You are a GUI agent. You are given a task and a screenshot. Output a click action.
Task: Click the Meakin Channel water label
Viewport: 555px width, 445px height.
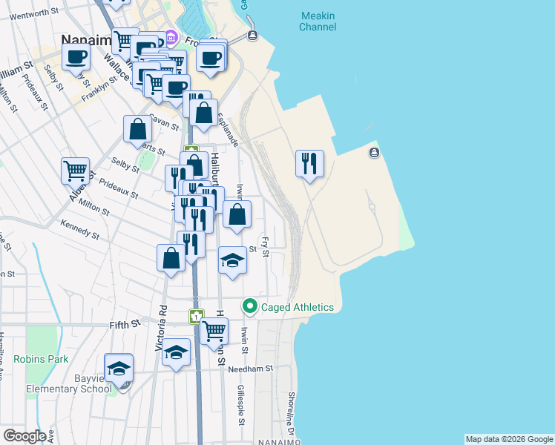[x=317, y=21]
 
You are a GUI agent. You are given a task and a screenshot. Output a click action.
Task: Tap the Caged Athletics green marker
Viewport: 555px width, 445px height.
[x=250, y=306]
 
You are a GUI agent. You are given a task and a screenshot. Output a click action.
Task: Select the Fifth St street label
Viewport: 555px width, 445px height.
[x=125, y=324]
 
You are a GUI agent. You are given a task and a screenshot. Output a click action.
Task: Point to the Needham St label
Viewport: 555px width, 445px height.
[x=252, y=368]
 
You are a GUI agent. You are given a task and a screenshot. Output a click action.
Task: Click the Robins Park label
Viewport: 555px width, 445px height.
[x=41, y=359]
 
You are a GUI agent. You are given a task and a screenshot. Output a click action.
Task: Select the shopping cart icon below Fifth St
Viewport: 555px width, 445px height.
[x=214, y=330]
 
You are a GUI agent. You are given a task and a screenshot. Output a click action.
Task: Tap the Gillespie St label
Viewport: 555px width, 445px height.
[x=240, y=405]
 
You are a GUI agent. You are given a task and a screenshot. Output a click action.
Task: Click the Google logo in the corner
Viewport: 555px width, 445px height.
[x=24, y=436]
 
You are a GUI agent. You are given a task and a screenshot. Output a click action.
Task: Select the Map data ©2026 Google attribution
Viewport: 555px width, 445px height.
[x=509, y=439]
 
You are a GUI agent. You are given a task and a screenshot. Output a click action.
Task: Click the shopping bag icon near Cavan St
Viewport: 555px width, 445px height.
[x=138, y=129]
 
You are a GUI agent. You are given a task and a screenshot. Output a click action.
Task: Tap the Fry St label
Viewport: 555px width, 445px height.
[x=264, y=247]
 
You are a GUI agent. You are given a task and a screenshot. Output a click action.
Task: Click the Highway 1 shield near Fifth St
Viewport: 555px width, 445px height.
[x=196, y=317]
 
